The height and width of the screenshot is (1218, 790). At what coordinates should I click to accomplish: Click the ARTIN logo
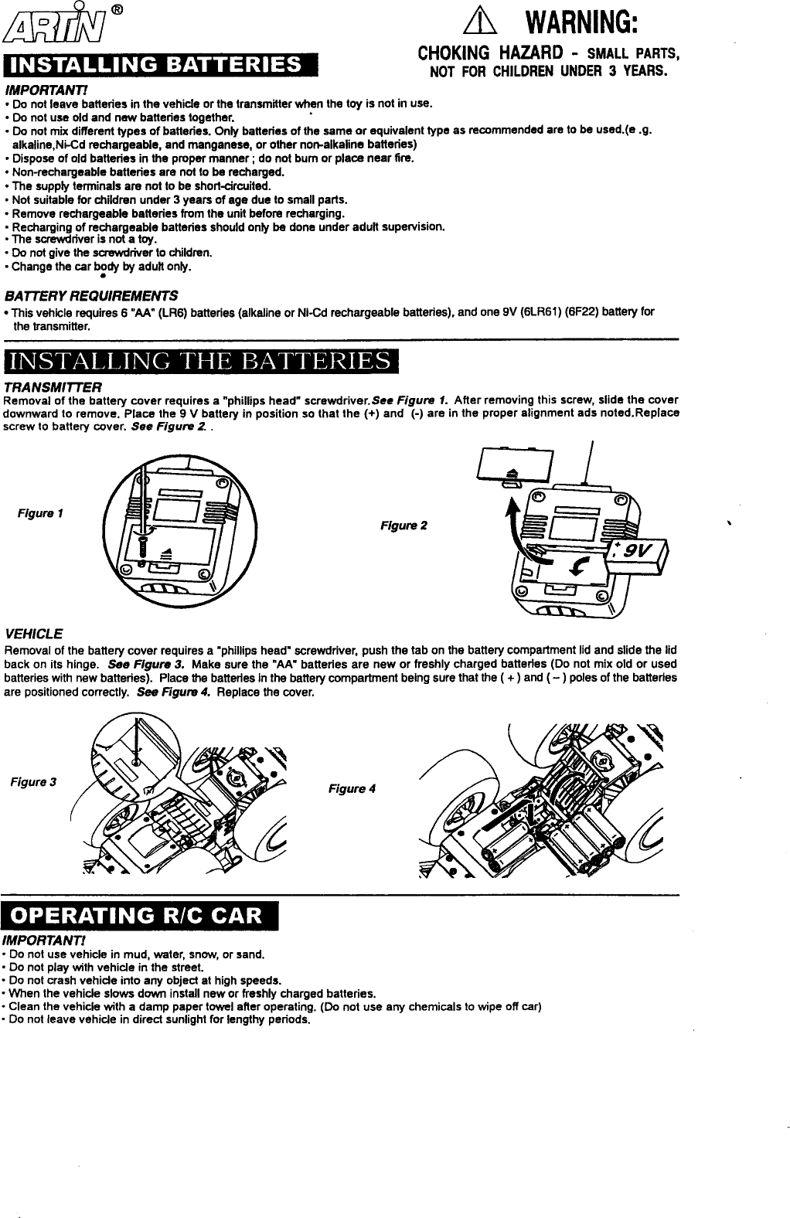pos(53,26)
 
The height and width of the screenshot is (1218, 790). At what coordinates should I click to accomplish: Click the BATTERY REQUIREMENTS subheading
pos(91,296)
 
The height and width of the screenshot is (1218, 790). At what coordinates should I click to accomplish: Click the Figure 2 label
pos(403,526)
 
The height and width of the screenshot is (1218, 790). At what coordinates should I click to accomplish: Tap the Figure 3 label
pos(32,782)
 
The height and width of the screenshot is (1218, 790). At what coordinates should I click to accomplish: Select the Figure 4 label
pos(352,788)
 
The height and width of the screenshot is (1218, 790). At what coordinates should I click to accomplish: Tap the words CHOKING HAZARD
pos(478,54)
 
